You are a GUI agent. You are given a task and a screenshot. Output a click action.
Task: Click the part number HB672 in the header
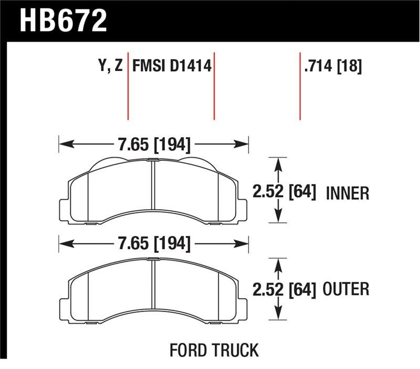(x=63, y=21)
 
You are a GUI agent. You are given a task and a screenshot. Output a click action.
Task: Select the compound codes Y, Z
(x=110, y=67)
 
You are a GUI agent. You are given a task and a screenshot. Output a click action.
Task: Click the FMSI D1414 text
(x=172, y=67)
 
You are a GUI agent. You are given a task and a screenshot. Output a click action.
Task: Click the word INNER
(x=348, y=193)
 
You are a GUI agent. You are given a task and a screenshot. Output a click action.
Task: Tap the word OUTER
(x=347, y=289)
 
